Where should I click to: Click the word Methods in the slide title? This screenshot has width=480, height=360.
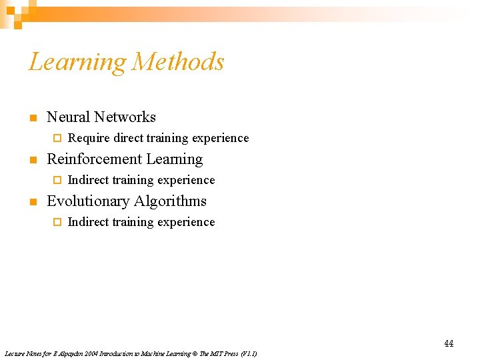coord(178,61)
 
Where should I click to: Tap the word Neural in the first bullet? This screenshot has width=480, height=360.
coord(68,117)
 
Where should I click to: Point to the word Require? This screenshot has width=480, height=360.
coord(89,139)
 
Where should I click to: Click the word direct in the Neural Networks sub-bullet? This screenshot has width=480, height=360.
coord(128,138)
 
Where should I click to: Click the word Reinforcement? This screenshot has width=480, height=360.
coord(89,159)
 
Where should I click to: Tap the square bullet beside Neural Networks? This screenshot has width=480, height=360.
coord(31,119)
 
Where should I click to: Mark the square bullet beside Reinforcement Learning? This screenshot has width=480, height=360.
coord(31,161)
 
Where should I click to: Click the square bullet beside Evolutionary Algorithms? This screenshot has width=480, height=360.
coord(31,203)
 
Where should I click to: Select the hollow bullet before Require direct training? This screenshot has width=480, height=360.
coord(57,139)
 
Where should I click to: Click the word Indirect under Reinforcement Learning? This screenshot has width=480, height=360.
coord(89,180)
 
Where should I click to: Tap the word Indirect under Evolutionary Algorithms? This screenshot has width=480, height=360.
coord(89,222)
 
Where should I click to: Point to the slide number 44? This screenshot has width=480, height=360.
coord(449,343)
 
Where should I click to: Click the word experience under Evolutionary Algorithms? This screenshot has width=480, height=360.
coord(190,222)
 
